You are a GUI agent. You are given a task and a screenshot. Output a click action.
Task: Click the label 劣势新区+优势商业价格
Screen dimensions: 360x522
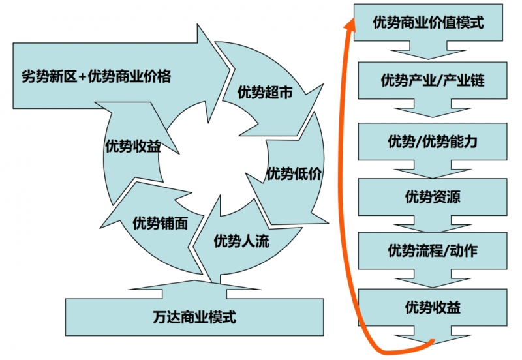[x=96, y=76]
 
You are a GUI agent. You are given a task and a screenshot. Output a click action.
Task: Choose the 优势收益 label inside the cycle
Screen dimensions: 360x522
[x=133, y=146]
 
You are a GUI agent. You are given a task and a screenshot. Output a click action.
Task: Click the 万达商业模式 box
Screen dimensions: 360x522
[x=194, y=318]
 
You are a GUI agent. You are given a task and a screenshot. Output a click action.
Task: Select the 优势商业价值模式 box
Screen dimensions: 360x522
[x=429, y=22]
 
